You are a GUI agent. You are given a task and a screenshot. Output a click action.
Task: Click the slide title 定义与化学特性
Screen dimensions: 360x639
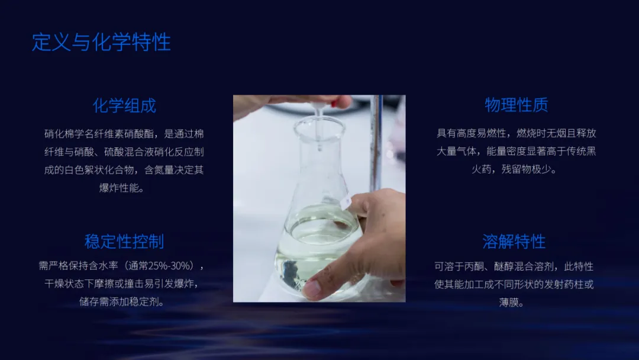101,42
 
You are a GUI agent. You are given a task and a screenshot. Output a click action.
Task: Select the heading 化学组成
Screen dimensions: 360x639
124,105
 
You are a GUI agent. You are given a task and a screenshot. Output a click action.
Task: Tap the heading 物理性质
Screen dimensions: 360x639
517,105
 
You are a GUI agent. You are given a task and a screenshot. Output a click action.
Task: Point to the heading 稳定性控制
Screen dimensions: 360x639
124,242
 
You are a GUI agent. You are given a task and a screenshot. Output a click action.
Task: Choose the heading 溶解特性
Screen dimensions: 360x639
514,242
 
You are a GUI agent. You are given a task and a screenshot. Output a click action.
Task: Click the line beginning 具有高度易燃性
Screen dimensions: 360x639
516,133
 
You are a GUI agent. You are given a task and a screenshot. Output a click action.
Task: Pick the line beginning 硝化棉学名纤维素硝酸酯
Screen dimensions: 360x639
124,134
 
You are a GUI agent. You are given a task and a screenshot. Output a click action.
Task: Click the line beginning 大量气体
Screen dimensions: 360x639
516,151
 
